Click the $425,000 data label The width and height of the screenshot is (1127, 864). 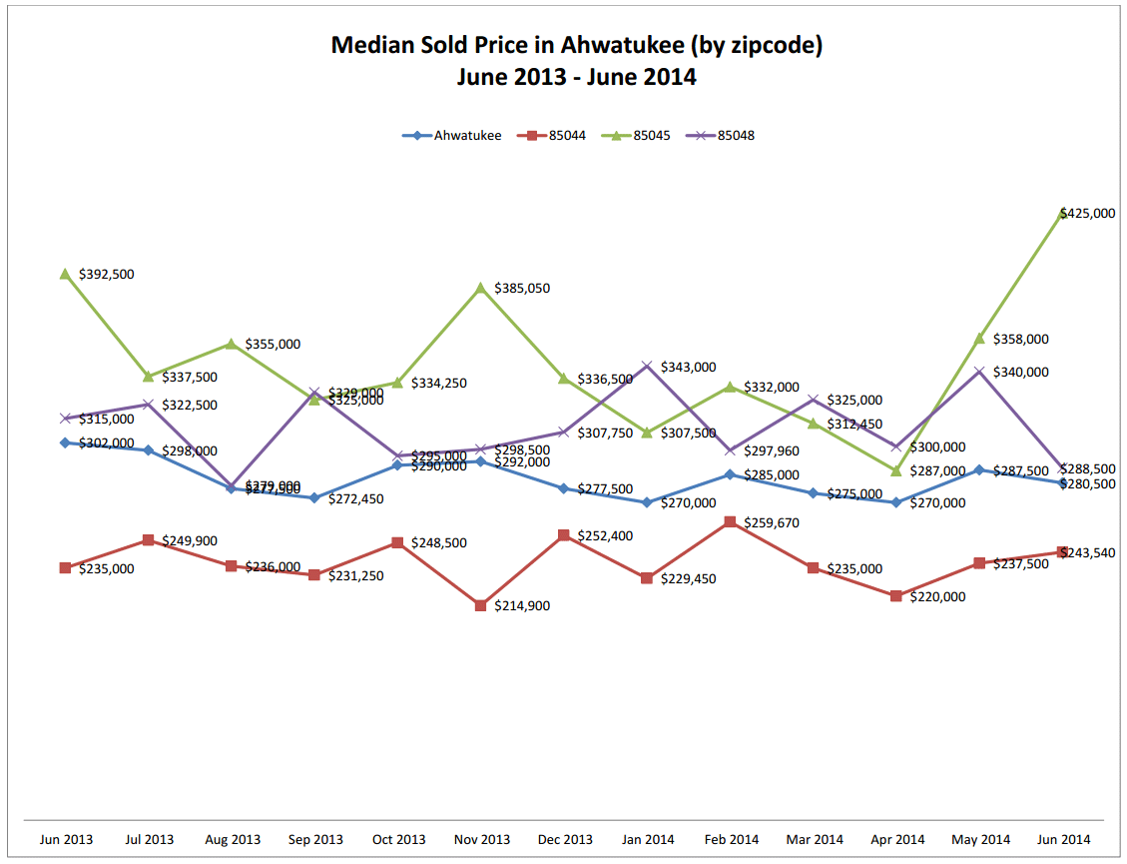coord(1087,213)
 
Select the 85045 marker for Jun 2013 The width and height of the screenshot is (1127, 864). coord(65,274)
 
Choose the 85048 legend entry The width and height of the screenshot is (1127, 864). coord(735,136)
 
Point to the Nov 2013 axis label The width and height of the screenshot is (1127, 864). coord(481,839)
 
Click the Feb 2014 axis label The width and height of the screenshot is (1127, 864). coord(731,839)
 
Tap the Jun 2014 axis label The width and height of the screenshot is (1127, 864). coord(1063,839)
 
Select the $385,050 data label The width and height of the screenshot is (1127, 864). coord(522,289)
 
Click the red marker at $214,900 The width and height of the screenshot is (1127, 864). coord(481,605)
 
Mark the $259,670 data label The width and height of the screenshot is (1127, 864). coord(772,522)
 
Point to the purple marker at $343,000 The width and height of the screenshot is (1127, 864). coord(647,366)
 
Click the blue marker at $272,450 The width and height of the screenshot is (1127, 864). coord(314,497)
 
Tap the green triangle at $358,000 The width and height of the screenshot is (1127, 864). coord(979,339)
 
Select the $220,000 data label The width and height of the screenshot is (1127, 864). coord(937,596)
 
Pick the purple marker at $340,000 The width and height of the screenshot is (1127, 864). coord(979,372)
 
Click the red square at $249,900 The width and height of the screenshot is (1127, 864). coord(148,540)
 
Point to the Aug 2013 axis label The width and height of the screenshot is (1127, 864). coord(232,839)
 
